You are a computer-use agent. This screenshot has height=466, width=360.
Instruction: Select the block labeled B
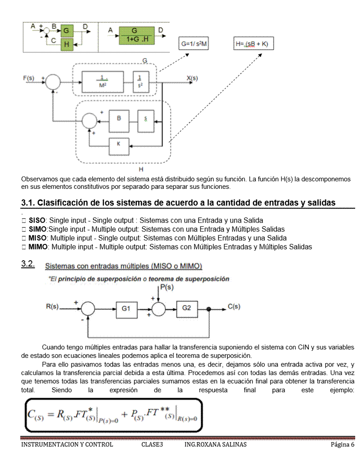[x=120, y=118]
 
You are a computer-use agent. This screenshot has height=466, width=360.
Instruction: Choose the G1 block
[x=127, y=308]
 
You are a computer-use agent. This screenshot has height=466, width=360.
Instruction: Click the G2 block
[x=187, y=308]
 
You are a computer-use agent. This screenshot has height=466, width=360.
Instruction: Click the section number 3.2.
[x=29, y=265]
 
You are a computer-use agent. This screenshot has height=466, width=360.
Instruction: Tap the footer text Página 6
[x=342, y=444]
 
